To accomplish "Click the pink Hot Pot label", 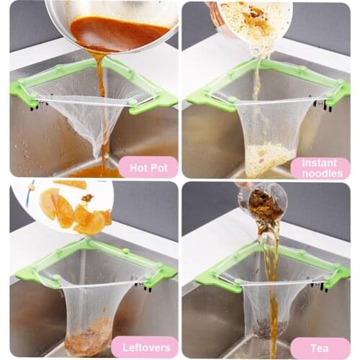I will (x=147, y=168).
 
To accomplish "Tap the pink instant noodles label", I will (x=320, y=168).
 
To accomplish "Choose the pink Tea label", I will (x=320, y=347).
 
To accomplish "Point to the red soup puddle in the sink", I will (x=97, y=171).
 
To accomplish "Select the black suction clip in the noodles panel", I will (x=328, y=106).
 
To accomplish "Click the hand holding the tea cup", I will (x=245, y=186).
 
